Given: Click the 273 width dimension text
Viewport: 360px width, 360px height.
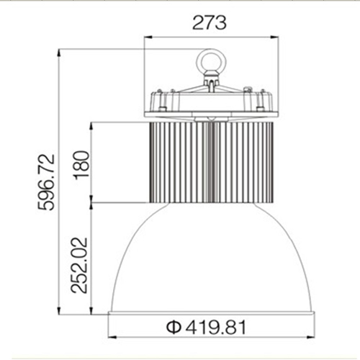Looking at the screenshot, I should pos(210,22).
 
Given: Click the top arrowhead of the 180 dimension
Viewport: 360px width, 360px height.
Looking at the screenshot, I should pos(91,123).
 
